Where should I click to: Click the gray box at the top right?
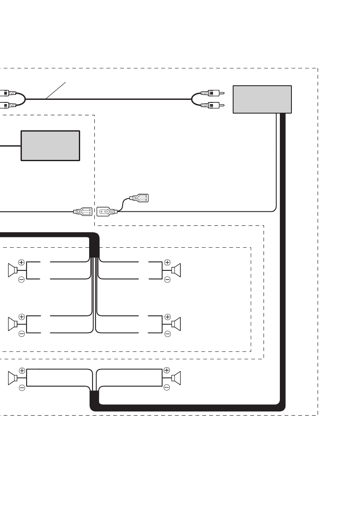point(262,99)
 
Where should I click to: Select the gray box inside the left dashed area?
point(51,146)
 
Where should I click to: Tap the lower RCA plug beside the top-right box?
point(212,105)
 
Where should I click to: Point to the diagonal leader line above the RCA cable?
point(56,90)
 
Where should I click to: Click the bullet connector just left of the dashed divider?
point(83,211)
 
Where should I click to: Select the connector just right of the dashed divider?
point(107,211)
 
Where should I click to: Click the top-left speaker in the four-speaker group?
point(12,270)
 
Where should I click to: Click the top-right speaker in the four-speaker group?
point(176,270)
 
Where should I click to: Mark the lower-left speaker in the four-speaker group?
point(12,324)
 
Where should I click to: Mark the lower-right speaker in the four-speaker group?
point(176,324)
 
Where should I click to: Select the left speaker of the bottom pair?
point(12,378)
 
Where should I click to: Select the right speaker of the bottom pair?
point(176,378)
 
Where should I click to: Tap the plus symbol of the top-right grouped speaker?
point(167,262)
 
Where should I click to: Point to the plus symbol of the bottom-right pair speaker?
point(167,370)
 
